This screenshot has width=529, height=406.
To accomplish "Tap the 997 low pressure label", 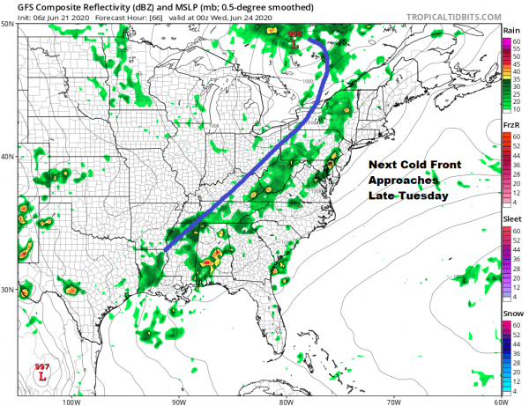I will click(x=41, y=367).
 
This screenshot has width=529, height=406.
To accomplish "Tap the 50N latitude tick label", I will click(x=8, y=24).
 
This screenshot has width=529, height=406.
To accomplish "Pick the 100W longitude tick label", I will click(x=71, y=401).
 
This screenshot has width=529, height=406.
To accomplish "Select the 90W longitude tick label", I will click(x=179, y=401).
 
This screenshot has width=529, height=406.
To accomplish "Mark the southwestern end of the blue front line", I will click(x=166, y=250).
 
